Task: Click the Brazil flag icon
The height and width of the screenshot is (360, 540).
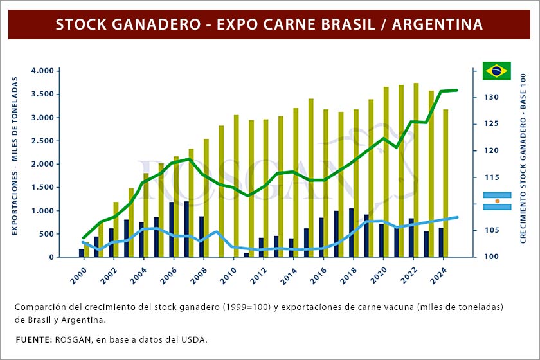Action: [x=496, y=71]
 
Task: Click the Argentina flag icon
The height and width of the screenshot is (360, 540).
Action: [x=496, y=201]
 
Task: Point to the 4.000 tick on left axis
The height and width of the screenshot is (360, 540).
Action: [x=42, y=71]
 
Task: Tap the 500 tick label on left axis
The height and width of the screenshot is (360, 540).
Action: [x=45, y=234]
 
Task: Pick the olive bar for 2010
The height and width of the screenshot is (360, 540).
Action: [x=237, y=186]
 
